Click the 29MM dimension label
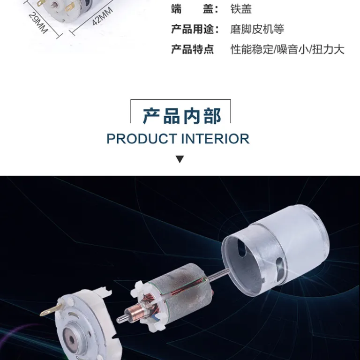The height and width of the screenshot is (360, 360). pos(38,23)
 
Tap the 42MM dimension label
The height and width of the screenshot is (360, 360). pos(102,16)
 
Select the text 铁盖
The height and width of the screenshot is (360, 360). pos(241,9)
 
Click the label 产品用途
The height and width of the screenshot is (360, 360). pos(195,29)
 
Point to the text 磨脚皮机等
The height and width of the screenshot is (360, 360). pos(257,29)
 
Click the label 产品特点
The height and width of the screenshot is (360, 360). pos(192,49)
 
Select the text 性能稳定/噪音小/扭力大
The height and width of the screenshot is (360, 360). pos(287,49)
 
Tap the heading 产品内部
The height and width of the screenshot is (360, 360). pos(182,116)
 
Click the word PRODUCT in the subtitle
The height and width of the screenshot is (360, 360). pos(142,139)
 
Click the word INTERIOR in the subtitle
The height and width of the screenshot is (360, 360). pos(215,139)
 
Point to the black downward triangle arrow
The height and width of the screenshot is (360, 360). pos(180,159)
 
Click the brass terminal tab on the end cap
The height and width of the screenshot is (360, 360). pos(51,309)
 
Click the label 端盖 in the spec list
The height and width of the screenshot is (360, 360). pos(195,9)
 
